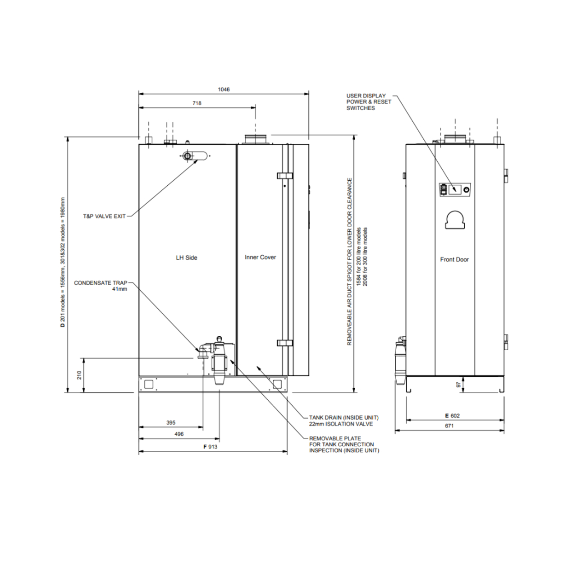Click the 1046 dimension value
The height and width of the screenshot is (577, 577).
click(224, 89)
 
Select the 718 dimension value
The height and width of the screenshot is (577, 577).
click(197, 103)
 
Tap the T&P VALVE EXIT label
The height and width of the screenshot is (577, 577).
click(104, 216)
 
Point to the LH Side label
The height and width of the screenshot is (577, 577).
click(186, 258)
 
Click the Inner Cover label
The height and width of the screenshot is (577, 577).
click(260, 257)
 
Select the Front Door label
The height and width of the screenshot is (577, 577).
click(454, 260)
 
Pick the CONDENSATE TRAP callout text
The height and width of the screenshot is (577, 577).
click(101, 283)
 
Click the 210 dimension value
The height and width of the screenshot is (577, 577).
click(79, 375)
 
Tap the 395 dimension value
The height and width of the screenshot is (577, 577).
click(171, 423)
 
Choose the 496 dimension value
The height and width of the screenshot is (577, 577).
click(179, 434)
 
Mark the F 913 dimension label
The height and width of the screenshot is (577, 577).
click(210, 447)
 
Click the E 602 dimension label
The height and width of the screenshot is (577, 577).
click(452, 416)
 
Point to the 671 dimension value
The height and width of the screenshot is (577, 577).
click(449, 426)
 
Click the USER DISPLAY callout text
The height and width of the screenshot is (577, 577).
click(366, 96)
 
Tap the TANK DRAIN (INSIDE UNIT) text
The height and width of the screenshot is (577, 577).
click(343, 418)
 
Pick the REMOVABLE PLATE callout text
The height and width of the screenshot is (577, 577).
click(335, 438)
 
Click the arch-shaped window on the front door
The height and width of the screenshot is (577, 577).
click(455, 220)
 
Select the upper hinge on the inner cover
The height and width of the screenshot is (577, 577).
click(285, 175)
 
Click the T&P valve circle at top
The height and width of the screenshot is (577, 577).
click(187, 156)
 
